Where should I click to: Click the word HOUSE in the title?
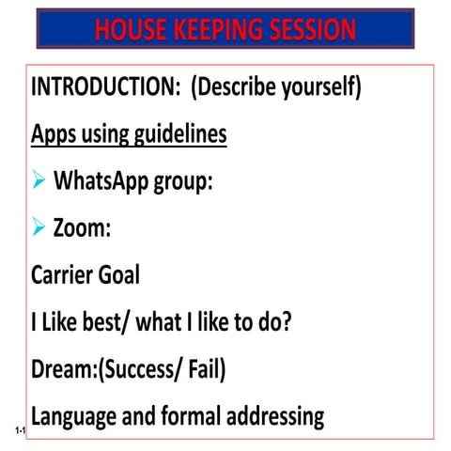pos(129,29)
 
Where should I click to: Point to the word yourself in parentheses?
pos(313,87)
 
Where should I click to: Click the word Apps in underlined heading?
pos(53,134)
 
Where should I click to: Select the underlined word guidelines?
pos(177,134)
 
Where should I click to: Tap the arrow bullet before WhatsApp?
pos(39,180)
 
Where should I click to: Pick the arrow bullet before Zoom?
pos(39,227)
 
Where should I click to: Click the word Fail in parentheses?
pos(202,368)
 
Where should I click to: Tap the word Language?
pos(75,415)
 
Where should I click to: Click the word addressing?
pos(269,415)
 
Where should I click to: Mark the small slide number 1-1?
pos(20,430)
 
